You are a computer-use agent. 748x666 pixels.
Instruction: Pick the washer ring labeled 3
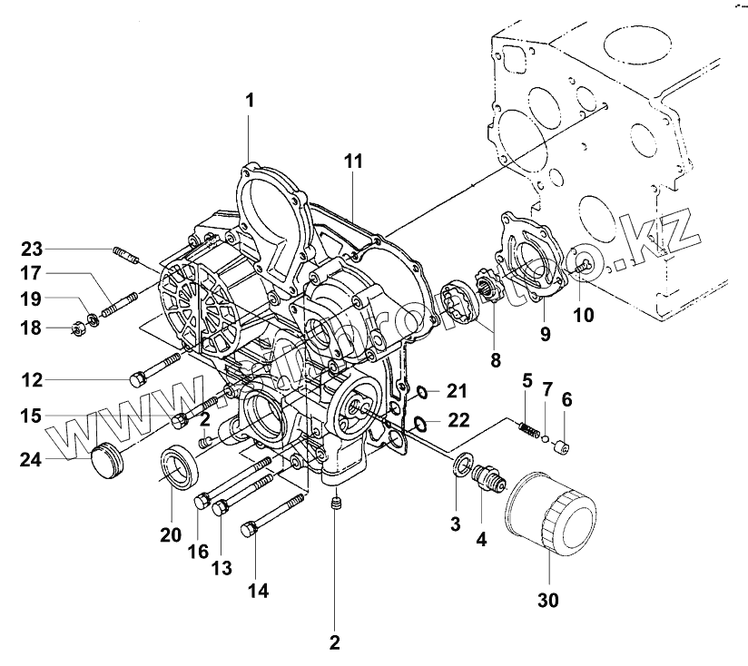pyautogui.click(x=460, y=465)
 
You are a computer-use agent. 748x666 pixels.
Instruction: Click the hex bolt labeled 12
pyautogui.click(x=139, y=378)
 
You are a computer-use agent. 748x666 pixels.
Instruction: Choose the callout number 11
pyautogui.click(x=353, y=161)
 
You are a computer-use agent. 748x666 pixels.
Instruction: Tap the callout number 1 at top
pyautogui.click(x=250, y=99)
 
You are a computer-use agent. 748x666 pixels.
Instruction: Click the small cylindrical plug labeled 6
pyautogui.click(x=563, y=446)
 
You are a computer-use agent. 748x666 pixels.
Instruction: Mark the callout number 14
pyautogui.click(x=258, y=591)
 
